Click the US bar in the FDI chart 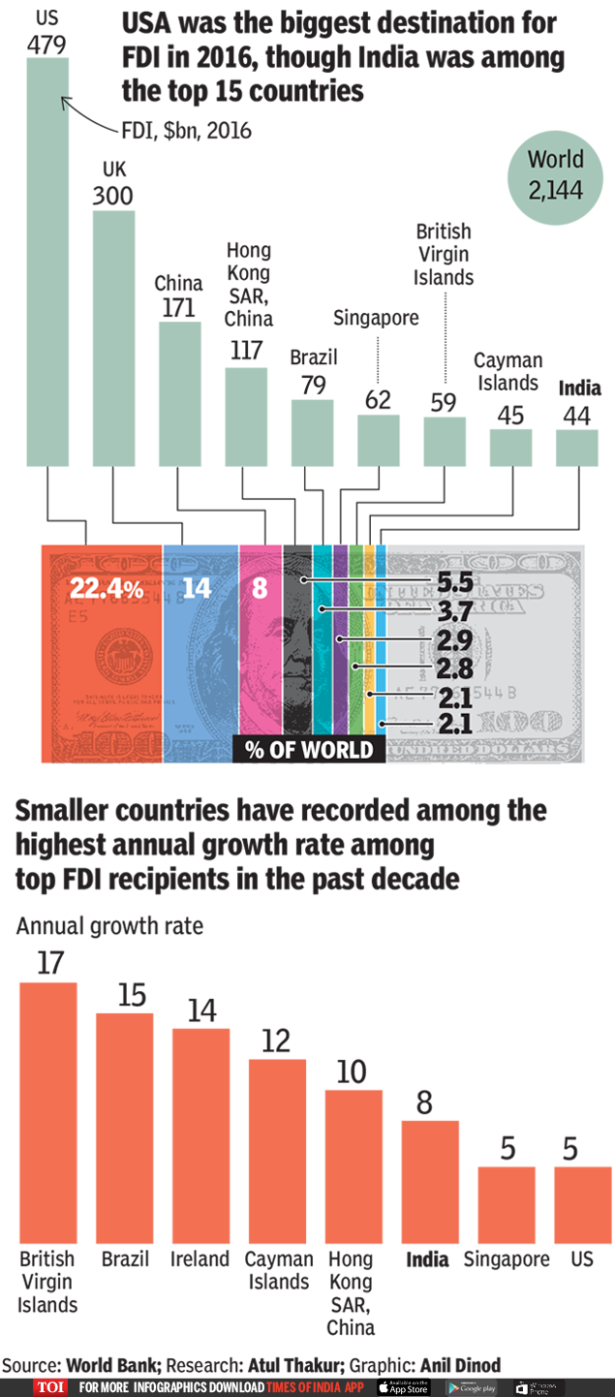pyautogui.click(x=47, y=262)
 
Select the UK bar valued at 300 pyautogui.click(x=113, y=339)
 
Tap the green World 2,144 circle pyautogui.click(x=555, y=175)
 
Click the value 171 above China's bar pyautogui.click(x=179, y=308)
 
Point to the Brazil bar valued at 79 pyautogui.click(x=312, y=431)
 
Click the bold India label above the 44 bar pyautogui.click(x=579, y=388)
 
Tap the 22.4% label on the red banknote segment pyautogui.click(x=107, y=588)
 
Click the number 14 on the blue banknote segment pyautogui.click(x=197, y=588)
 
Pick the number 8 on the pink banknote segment pyautogui.click(x=260, y=588)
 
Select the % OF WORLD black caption pyautogui.click(x=309, y=750)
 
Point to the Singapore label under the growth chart pyautogui.click(x=506, y=1259)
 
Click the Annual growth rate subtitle pyautogui.click(x=109, y=925)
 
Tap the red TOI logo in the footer pyautogui.click(x=50, y=1387)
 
